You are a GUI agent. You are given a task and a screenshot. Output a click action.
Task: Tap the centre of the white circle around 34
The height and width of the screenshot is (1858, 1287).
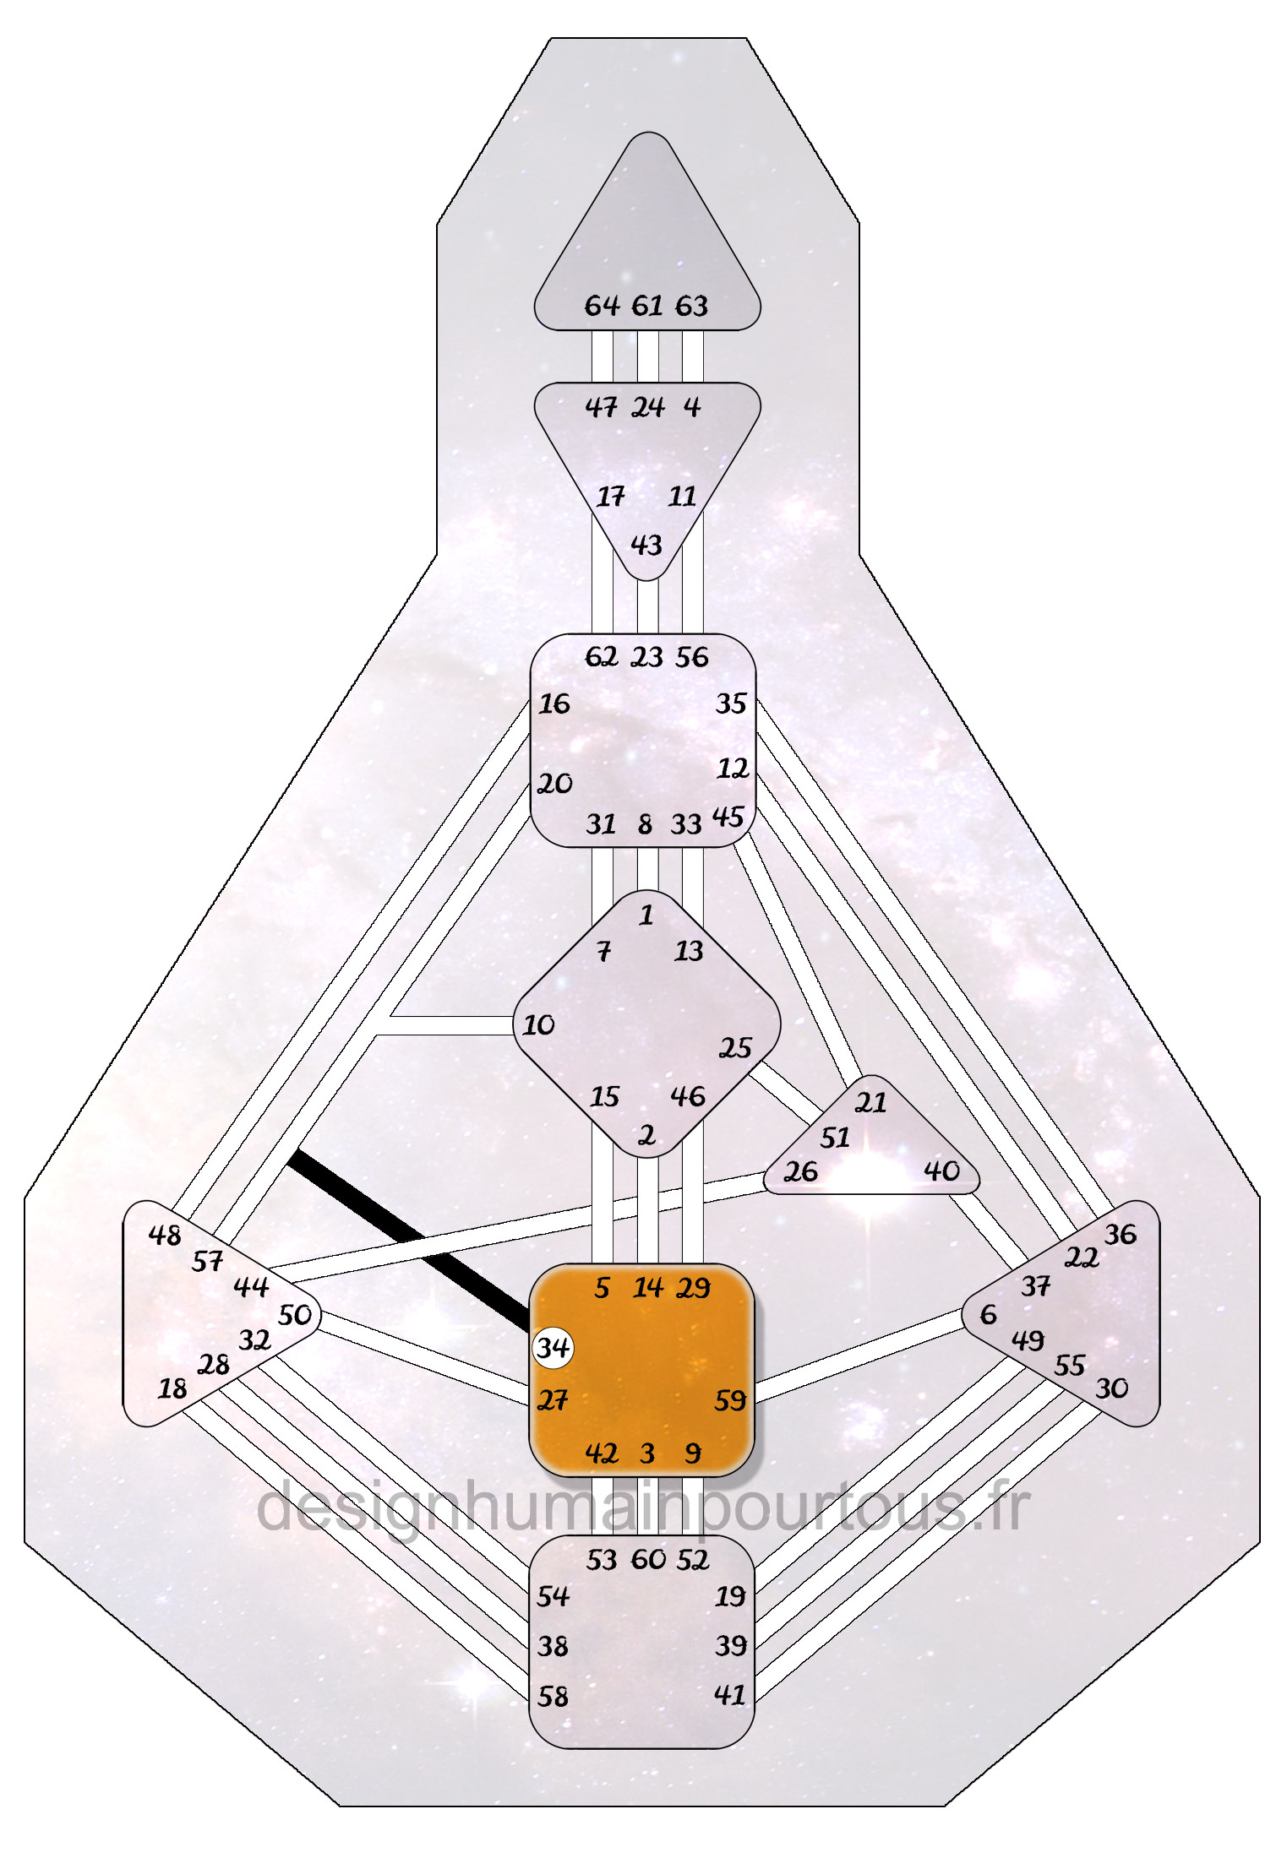pos(554,1347)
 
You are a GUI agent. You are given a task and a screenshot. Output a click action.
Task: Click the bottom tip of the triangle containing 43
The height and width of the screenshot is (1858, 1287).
pos(646,580)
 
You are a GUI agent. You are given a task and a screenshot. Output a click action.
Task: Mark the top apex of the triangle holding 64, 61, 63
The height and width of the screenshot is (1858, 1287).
pos(648,133)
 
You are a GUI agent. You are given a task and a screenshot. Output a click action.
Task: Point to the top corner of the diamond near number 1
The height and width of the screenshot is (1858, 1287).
pos(646,891)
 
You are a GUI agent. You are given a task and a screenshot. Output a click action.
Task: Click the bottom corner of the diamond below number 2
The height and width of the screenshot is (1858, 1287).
pos(646,1157)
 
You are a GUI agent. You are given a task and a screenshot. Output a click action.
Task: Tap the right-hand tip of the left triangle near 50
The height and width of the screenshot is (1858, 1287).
pos(321,1316)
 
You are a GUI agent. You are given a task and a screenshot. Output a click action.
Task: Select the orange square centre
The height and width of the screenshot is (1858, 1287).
pos(641,1370)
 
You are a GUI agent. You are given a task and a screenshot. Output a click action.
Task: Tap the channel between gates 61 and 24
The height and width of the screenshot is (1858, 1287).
pos(648,356)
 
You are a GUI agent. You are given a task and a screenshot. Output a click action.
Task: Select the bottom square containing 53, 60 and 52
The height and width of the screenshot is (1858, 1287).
pos(641,1642)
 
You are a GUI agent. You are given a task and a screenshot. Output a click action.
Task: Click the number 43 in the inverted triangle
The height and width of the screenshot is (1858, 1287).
pos(646,545)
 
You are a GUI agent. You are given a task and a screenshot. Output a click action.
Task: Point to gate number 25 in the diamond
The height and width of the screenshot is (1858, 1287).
pos(735,1048)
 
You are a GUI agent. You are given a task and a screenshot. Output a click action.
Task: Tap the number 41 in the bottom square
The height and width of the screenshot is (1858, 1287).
pos(730,1695)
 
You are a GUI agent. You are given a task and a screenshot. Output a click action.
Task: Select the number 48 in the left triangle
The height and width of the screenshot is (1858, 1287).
pos(165,1235)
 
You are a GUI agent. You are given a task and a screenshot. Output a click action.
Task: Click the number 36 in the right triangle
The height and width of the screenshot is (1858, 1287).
pos(1121,1234)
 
